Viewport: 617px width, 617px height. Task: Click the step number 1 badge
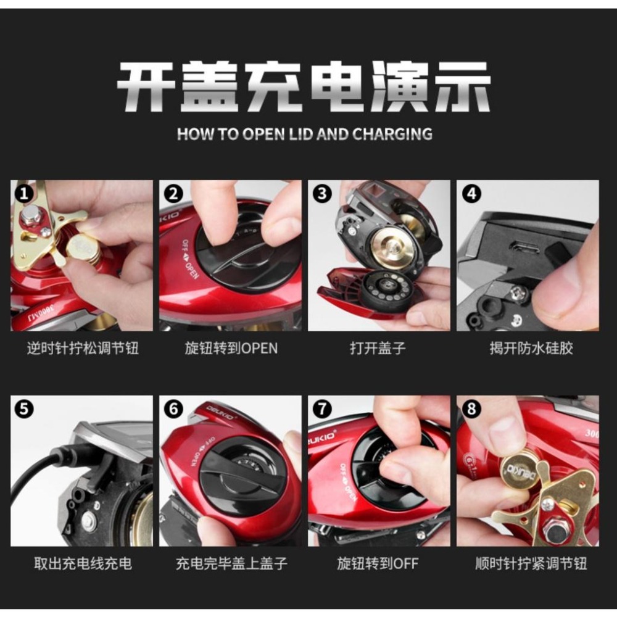click(24, 193)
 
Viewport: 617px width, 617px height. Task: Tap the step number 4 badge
click(471, 193)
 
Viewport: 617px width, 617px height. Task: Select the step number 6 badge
click(173, 408)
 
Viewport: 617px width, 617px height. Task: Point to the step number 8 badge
click(471, 408)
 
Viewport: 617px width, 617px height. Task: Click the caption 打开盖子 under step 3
click(378, 348)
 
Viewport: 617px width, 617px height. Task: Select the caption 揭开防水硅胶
click(531, 348)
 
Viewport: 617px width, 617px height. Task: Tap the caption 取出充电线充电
click(83, 563)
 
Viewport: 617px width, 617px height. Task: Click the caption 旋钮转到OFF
click(378, 563)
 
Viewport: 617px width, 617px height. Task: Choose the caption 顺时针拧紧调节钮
click(531, 563)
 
